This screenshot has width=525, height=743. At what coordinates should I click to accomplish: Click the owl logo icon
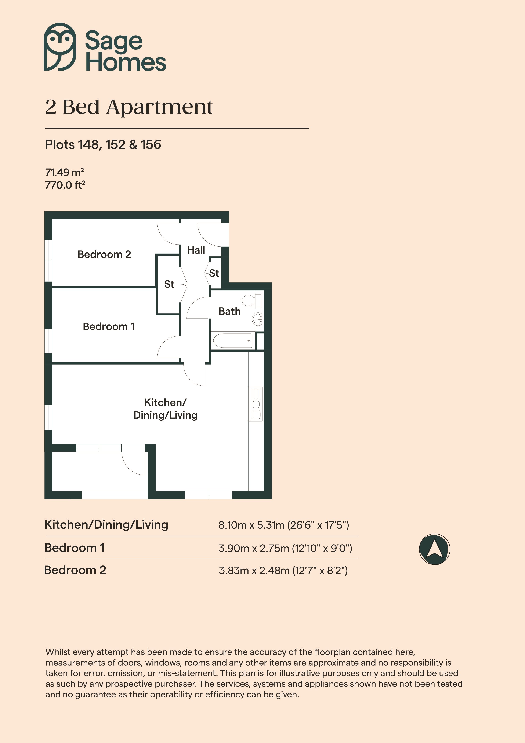(60, 47)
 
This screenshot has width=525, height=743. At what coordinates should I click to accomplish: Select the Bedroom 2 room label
(104, 254)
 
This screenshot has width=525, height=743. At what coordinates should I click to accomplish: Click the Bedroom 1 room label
(109, 327)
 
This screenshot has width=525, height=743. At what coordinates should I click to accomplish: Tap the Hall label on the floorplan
(196, 250)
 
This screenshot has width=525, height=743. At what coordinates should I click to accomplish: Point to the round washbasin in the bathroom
(258, 319)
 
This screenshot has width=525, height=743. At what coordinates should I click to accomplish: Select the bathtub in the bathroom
(233, 340)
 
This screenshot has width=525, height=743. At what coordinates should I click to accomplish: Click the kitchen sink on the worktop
(256, 404)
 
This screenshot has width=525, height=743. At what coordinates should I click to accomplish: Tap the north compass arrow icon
(434, 549)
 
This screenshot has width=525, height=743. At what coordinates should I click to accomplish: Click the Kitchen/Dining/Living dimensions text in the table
(284, 525)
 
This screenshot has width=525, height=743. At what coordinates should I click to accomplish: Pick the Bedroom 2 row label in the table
(75, 570)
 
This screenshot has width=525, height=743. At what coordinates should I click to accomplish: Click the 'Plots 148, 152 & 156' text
(103, 145)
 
